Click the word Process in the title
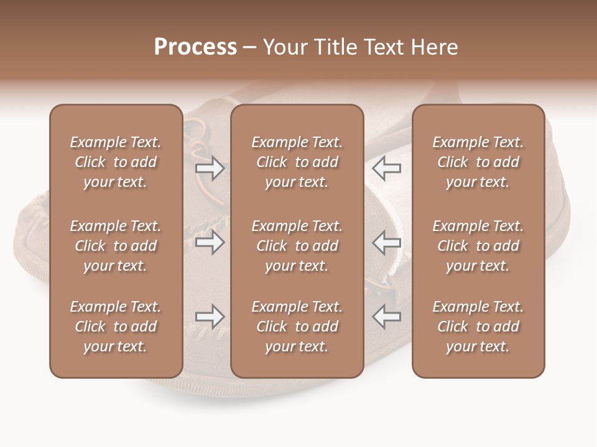point(195,47)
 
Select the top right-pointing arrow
point(210,168)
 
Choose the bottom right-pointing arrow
point(210,317)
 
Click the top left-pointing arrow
point(386,168)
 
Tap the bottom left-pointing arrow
point(386,317)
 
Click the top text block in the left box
point(116,162)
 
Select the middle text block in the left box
point(116,246)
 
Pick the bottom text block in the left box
point(116,327)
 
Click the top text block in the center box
point(297,162)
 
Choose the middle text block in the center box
point(297,246)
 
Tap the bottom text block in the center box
point(297,327)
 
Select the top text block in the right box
point(478,162)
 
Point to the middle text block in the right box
point(478,246)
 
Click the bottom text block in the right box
point(478,327)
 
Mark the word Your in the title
point(284,47)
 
